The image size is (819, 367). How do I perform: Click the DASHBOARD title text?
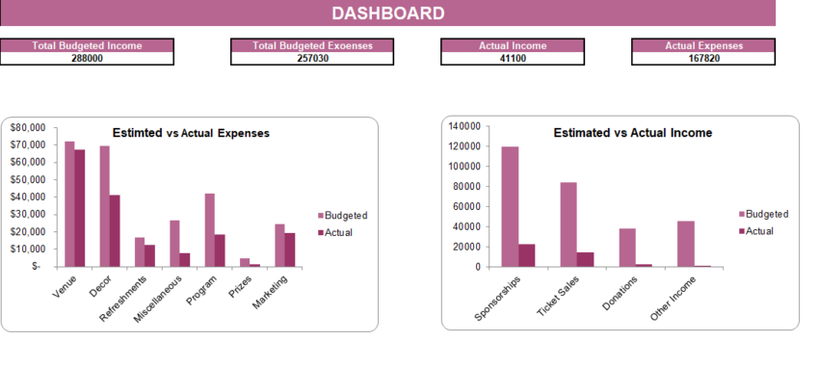click(387, 13)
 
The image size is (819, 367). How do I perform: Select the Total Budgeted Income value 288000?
click(87, 58)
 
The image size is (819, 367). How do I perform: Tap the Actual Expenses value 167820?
click(703, 58)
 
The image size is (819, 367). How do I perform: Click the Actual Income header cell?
click(512, 45)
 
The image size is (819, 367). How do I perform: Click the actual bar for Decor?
click(115, 231)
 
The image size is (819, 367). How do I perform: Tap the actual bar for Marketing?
click(289, 249)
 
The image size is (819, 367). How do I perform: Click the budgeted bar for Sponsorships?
click(511, 206)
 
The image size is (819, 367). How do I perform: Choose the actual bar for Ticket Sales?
click(586, 259)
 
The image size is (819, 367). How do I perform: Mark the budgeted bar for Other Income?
click(686, 244)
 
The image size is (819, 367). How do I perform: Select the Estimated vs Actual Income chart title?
click(633, 133)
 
